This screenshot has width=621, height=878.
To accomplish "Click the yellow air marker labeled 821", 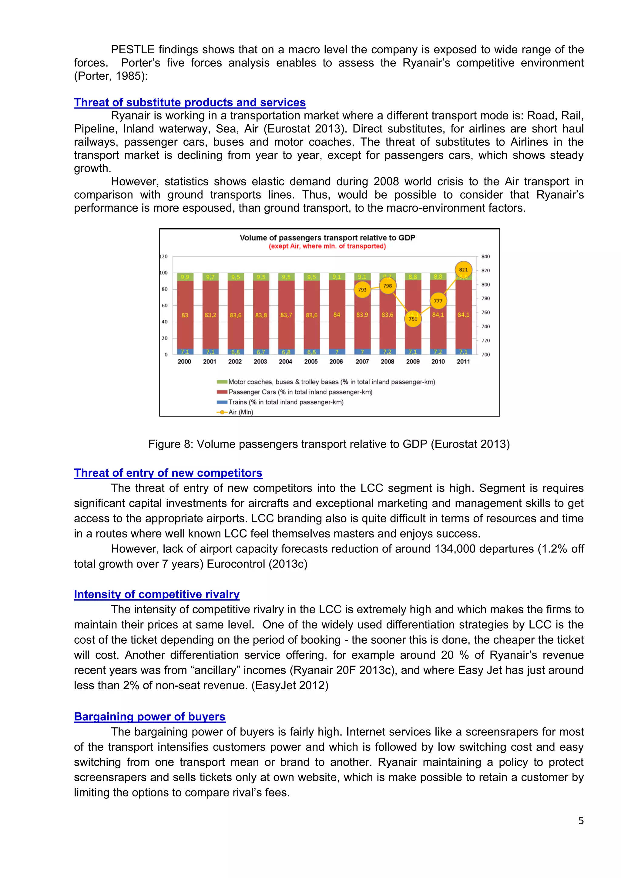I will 463,270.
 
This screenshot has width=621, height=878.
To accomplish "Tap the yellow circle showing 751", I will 413,319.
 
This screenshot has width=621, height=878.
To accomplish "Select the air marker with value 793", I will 362,290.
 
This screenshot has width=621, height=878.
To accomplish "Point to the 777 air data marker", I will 438,301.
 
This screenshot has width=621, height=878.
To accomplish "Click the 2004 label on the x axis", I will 285,361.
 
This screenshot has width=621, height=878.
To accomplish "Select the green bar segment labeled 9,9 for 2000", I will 185,277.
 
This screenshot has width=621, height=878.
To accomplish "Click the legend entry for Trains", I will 285,402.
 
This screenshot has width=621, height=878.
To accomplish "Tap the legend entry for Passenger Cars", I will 300,392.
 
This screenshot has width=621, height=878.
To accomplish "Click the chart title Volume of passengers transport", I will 327,237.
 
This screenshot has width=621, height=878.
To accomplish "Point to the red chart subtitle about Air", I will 327,246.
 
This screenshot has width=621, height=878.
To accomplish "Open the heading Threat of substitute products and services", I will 190,102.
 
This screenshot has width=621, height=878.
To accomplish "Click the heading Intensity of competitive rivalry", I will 157,594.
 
